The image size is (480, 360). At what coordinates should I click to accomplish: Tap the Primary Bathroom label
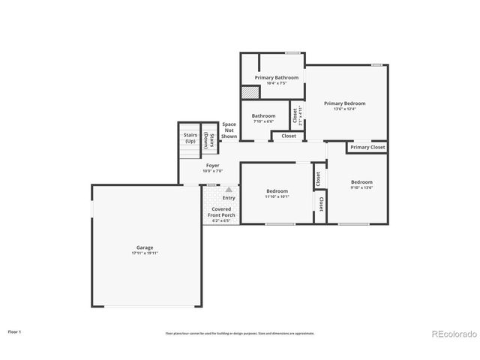[x=276, y=78]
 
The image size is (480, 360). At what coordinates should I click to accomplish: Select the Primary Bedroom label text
[x=344, y=103]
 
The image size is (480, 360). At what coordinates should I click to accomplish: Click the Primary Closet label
[x=367, y=148]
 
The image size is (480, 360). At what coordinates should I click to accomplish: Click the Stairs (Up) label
[x=190, y=139]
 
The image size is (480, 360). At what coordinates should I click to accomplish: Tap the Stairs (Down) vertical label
[x=211, y=140]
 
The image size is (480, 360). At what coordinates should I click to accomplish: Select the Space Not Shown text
[x=229, y=130]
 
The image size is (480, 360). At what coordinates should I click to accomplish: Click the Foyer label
[x=212, y=165]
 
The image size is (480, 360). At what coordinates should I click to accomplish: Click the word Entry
[x=228, y=198]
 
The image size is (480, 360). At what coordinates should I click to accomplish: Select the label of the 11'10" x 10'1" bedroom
[x=277, y=191]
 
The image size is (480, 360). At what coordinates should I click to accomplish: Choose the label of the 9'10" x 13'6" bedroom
[x=361, y=182]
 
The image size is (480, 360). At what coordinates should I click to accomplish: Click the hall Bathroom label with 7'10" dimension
[x=263, y=116]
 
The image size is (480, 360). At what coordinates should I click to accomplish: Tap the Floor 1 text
[x=14, y=331]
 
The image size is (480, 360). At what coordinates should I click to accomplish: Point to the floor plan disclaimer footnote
[x=239, y=333]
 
